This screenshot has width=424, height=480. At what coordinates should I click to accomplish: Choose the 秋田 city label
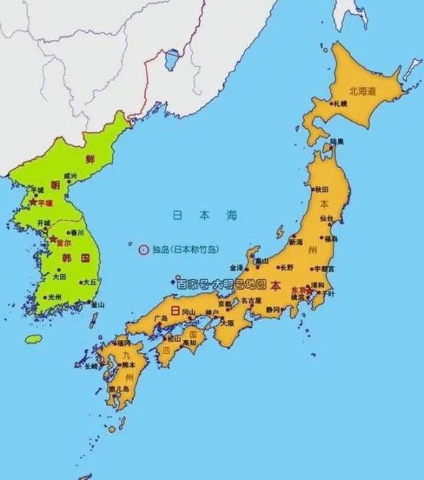click(x=322, y=189)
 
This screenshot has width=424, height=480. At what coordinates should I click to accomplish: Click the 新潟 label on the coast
click(x=295, y=242)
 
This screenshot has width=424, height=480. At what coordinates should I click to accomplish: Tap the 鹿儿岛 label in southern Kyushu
click(x=120, y=389)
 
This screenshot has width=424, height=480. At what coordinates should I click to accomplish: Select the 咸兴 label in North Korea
click(x=70, y=176)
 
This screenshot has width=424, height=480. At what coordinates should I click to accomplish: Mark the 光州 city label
click(x=54, y=297)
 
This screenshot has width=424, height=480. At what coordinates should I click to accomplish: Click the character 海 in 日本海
click(x=233, y=215)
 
